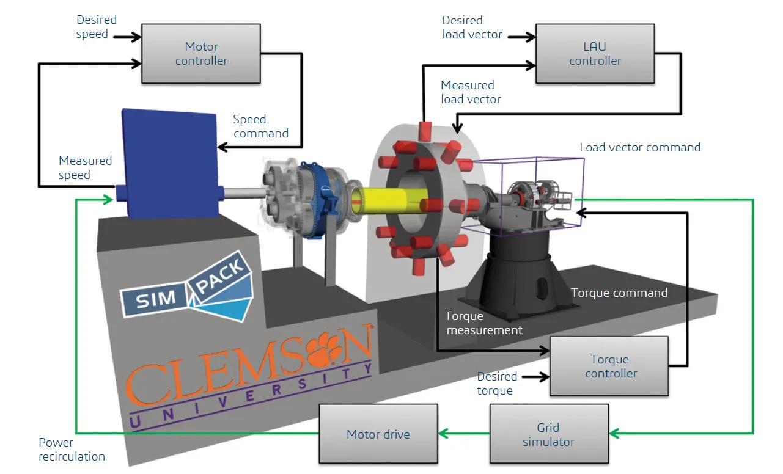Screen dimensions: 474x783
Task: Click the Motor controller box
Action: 201,54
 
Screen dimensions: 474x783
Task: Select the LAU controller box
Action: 595,54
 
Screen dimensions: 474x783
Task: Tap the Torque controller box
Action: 610,366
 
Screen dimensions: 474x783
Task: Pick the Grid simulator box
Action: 548,434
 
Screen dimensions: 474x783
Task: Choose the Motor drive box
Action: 378,434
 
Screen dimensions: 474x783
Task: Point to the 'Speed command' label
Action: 260,126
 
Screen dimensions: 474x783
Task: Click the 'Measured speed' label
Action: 85,168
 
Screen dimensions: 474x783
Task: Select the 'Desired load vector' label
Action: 472,27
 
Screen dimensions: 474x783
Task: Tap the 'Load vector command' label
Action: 639,147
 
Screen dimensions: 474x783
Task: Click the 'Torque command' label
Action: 619,293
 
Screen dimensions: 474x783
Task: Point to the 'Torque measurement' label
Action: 483,323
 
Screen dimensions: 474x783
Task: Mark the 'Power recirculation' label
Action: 72,450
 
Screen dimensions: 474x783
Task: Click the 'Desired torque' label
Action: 496,384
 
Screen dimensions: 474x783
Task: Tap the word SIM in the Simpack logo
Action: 156,299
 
